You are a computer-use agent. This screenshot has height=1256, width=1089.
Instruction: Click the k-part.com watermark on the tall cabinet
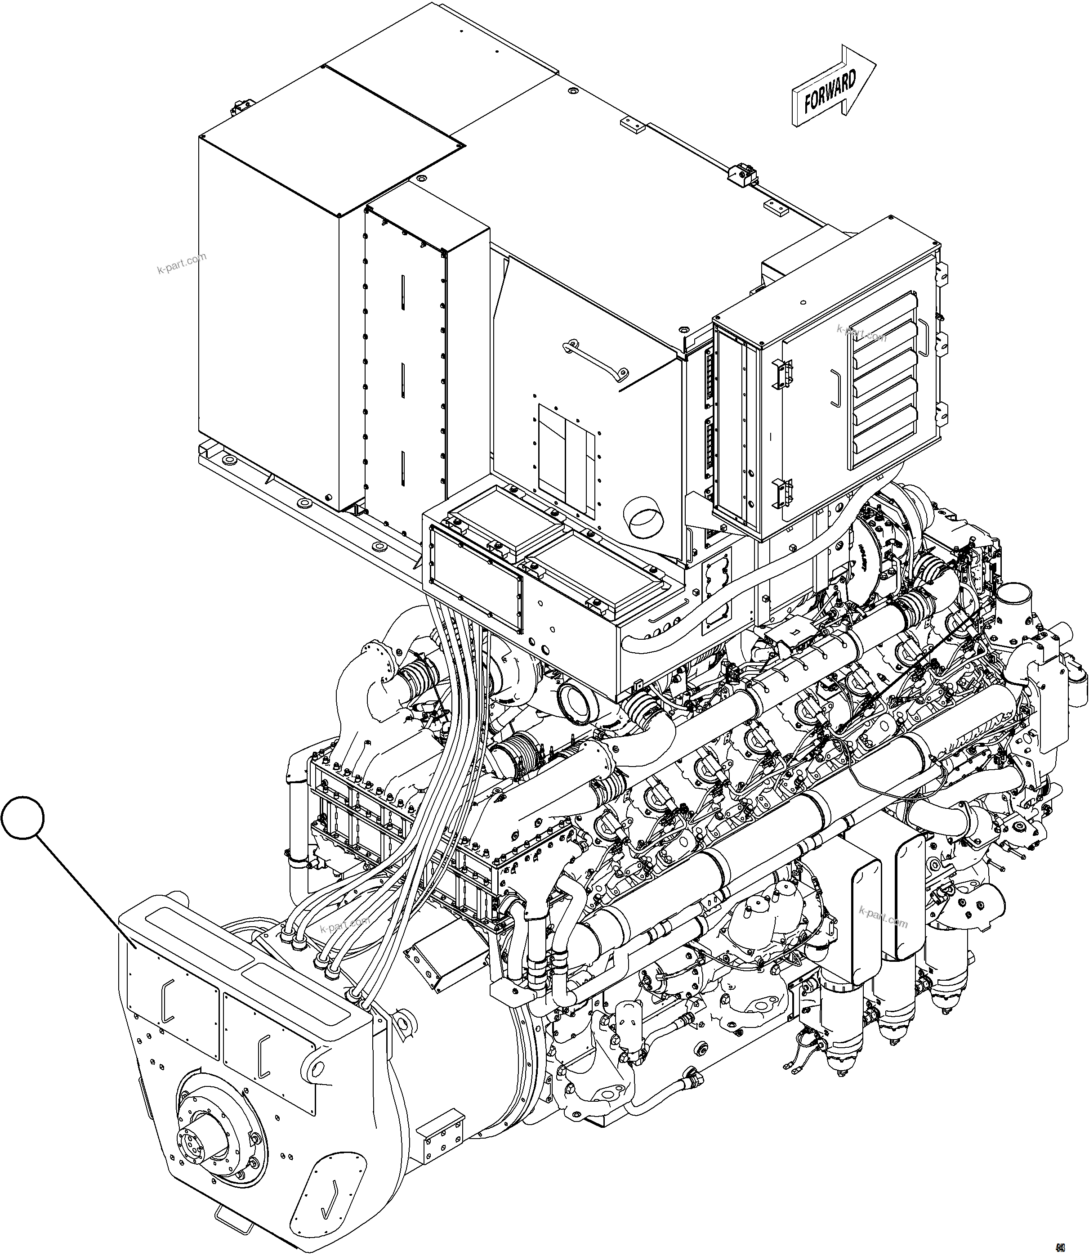[x=181, y=263]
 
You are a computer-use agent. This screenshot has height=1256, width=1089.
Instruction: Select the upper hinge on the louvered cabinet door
[x=783, y=372]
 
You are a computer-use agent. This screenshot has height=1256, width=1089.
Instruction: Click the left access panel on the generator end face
[x=174, y=1007]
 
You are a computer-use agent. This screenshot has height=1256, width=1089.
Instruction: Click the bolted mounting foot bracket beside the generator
[x=442, y=1135]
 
